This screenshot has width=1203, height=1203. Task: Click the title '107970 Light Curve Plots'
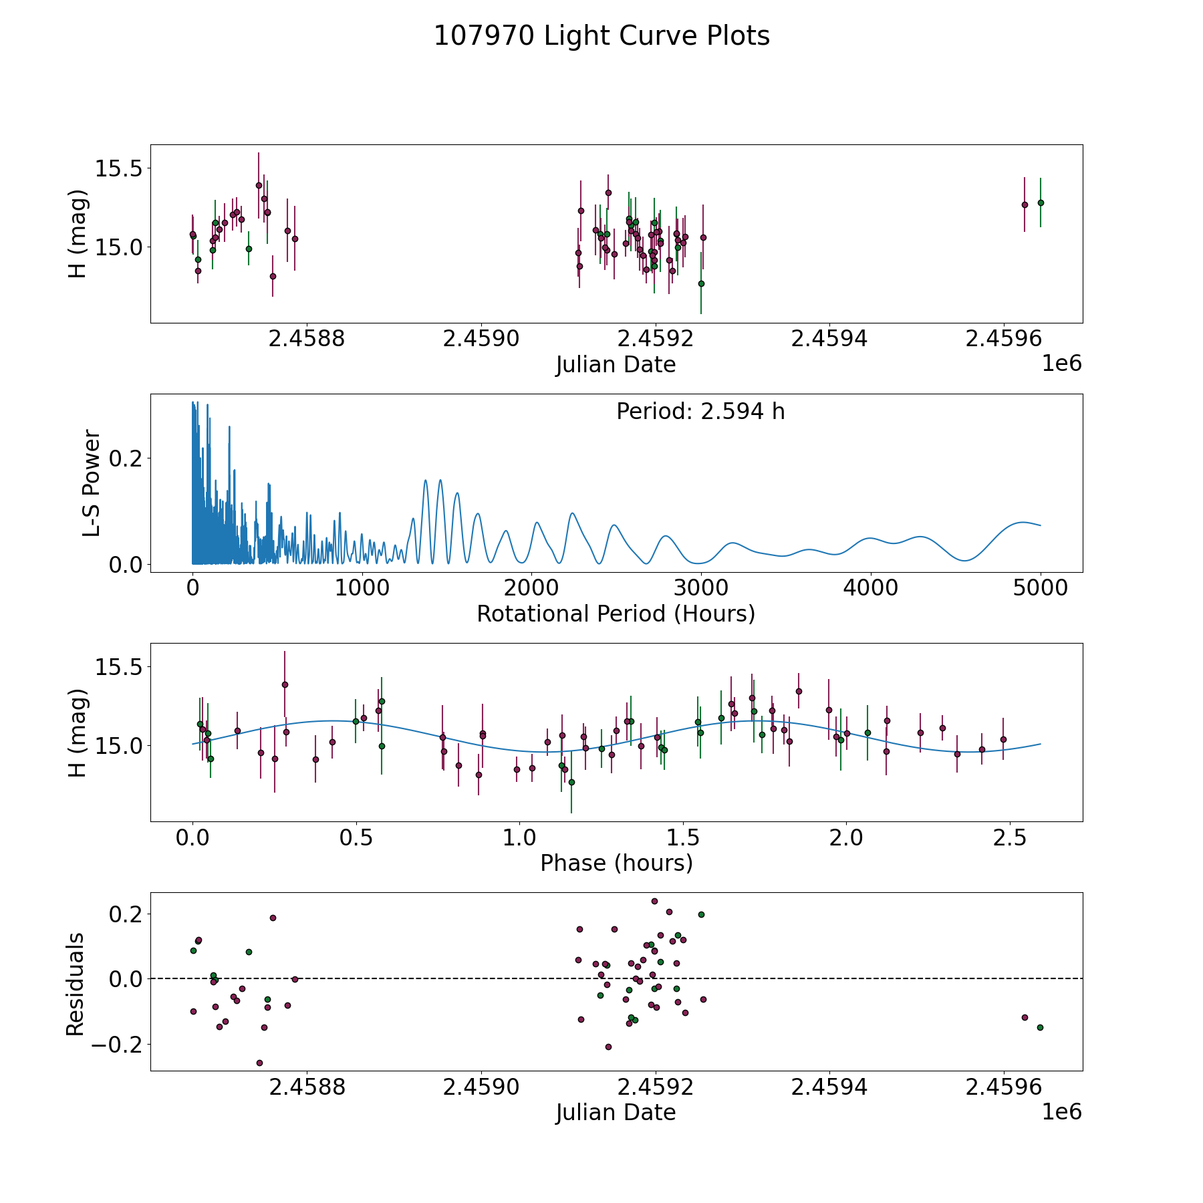point(601,36)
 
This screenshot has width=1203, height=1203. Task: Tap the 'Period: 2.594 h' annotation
point(700,412)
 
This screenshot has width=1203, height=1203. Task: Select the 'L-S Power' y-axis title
point(92,483)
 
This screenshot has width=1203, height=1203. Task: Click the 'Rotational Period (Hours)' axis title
point(616,614)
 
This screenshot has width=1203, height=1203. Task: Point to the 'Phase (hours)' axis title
point(616,863)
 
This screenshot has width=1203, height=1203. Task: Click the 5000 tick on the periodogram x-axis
point(1040,588)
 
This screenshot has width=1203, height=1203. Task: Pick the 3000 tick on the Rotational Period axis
point(701,588)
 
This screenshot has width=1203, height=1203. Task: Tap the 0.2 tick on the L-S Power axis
point(127,458)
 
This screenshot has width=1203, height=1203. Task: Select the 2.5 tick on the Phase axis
point(1010,837)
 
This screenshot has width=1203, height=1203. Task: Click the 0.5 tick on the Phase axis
point(356,837)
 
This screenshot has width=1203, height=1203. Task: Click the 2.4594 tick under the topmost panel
point(829,339)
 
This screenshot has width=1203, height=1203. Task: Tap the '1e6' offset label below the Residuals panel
point(1061,1112)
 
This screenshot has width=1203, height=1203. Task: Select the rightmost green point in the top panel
point(1040,203)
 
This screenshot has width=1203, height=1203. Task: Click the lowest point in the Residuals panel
point(259,1063)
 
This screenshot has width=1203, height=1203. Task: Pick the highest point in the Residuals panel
point(654,901)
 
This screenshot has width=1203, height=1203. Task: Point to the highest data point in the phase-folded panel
point(285,684)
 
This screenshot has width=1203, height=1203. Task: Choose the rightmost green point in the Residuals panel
point(1040,1027)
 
